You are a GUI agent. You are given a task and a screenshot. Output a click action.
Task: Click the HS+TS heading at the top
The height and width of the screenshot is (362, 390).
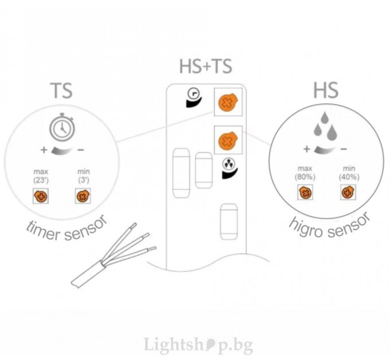click(206, 66)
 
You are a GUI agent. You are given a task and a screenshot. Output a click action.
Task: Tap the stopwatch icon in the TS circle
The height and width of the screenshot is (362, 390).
click(62, 128)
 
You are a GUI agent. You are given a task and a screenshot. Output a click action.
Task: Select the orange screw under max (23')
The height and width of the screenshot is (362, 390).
click(41, 196)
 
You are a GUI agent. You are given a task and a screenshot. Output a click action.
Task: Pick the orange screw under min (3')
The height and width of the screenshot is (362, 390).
click(83, 196)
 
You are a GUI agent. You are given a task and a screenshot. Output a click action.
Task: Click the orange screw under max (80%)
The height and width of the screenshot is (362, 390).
click(306, 192)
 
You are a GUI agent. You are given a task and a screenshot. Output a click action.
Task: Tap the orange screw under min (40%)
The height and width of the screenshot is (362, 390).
click(348, 192)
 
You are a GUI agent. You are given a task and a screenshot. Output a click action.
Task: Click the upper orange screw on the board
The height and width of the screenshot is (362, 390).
click(228, 102)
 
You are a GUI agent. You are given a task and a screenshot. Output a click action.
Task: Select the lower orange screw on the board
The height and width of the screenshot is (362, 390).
click(228, 141)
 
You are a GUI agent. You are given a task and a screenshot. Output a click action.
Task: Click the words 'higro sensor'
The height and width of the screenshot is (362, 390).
click(330, 227)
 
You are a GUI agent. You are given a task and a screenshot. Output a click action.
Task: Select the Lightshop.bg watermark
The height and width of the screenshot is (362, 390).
click(198, 345)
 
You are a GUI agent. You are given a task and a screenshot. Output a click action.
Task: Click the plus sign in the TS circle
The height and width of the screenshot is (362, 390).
click(44, 150)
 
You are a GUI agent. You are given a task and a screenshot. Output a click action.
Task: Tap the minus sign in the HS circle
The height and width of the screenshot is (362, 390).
click(344, 149)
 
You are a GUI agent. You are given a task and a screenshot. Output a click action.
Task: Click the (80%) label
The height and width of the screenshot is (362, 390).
click(305, 177)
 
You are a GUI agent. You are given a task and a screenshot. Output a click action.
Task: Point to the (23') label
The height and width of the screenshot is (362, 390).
click(41, 180)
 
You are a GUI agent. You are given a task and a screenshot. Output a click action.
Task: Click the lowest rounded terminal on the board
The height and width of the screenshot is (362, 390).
click(229, 222)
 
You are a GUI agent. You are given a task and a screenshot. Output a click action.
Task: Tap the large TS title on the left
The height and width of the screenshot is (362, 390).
click(61, 90)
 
